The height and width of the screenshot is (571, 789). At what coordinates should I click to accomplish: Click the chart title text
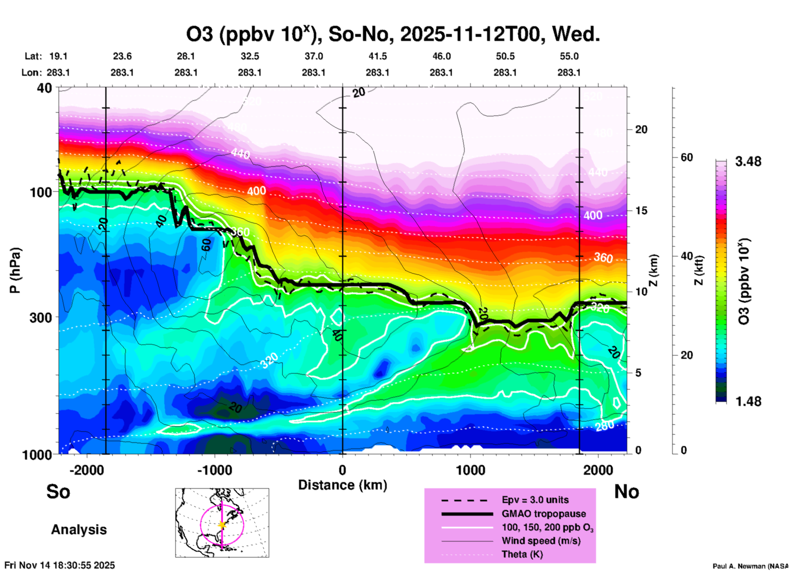(x=393, y=34)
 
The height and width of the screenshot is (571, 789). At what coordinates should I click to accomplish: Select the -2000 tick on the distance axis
(x=86, y=470)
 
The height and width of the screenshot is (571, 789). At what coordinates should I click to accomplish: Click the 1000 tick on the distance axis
(x=470, y=470)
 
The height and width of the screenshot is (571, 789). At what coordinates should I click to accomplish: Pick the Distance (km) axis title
(x=342, y=485)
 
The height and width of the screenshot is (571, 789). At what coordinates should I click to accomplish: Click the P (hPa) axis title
(x=15, y=270)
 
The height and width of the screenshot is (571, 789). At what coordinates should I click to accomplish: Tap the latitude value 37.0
(x=313, y=56)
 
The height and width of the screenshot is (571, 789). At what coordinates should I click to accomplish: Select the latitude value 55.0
(x=569, y=56)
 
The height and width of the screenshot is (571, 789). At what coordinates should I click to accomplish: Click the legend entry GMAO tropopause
(x=544, y=514)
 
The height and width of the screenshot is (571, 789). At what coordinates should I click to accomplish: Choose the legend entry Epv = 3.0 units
(x=535, y=500)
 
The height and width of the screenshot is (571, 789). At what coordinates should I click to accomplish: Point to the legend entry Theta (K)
(x=522, y=554)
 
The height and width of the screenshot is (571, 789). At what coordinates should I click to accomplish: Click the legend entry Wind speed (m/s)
(x=541, y=541)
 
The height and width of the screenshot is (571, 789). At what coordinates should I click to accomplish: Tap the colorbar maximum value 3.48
(x=748, y=162)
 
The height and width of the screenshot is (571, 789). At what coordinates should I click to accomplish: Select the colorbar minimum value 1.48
(x=748, y=401)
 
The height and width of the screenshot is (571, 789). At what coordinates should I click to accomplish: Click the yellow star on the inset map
(x=222, y=525)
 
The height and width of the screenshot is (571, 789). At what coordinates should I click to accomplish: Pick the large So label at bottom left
(x=58, y=492)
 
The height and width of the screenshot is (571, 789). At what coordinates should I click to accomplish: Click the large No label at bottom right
(x=626, y=492)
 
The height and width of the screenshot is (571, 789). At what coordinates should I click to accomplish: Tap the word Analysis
(x=79, y=530)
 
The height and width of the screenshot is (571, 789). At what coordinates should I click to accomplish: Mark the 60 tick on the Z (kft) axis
(x=687, y=158)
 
